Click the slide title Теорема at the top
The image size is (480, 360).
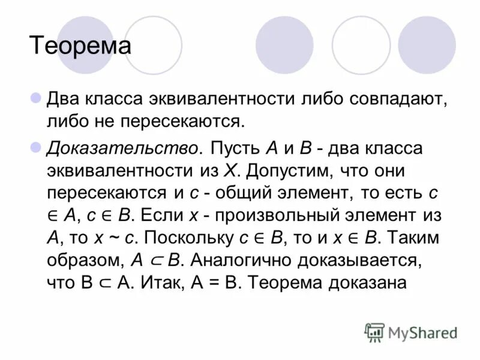coord(80,46)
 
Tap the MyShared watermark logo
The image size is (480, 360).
coord(411,331)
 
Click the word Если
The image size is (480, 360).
coord(161,215)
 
